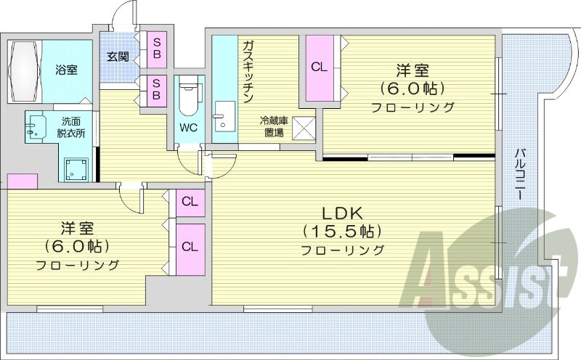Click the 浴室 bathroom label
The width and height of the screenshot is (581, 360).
[67, 70]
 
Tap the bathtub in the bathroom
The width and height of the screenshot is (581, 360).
[25, 70]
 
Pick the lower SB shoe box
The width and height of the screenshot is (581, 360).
[156, 91]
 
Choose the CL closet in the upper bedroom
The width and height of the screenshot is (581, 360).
[318, 67]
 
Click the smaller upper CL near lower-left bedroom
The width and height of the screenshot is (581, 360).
[190, 202]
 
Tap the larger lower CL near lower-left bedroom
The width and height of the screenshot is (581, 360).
[190, 247]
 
